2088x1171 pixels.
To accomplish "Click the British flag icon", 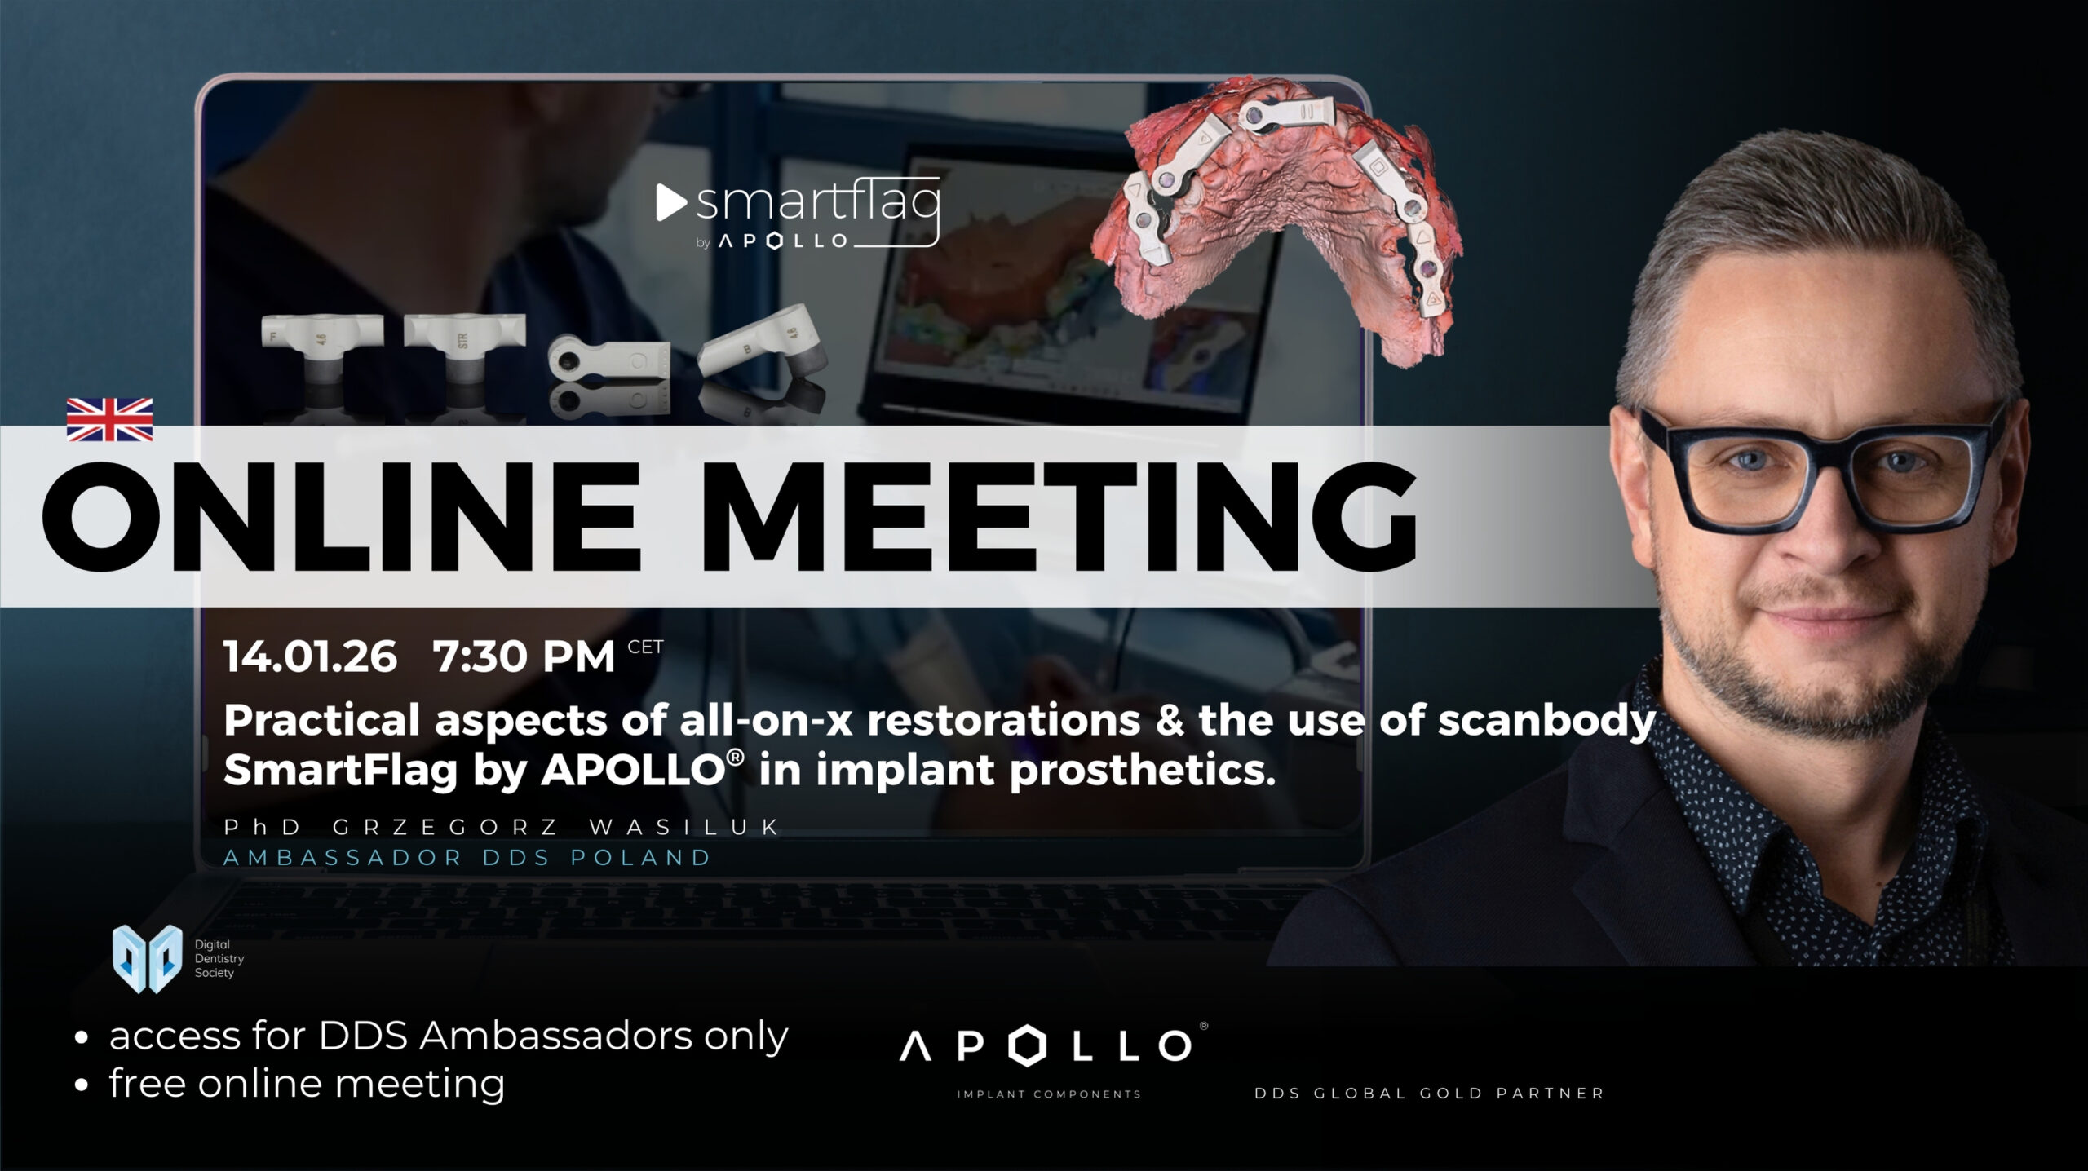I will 109,419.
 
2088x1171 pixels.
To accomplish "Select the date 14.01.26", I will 311,656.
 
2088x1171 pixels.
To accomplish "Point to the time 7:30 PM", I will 524,656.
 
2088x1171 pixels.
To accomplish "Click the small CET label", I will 645,647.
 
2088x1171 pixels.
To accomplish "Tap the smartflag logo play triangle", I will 671,203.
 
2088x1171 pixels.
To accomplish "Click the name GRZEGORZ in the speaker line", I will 445,827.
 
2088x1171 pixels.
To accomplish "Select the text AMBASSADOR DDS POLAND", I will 467,858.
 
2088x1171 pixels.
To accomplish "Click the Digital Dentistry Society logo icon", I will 147,959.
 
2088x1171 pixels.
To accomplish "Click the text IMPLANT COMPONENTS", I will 1049,1094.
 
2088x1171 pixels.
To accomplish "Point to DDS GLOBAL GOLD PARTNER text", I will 1429,1094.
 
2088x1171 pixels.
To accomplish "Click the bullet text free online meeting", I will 307,1084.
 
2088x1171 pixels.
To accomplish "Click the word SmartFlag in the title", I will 340,770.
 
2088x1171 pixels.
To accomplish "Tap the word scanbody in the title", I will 1546,721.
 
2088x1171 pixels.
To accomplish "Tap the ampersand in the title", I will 1169,721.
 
